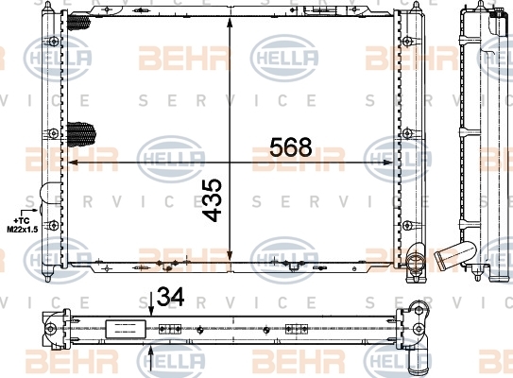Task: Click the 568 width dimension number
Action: click(291, 147)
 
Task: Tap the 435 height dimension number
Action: click(212, 200)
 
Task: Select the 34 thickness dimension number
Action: click(170, 297)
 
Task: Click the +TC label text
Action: click(22, 221)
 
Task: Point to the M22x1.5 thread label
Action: click(23, 229)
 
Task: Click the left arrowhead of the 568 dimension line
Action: click(73, 162)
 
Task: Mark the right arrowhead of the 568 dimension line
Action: click(388, 163)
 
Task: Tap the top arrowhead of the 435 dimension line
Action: click(230, 24)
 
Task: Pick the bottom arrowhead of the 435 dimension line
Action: click(230, 255)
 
